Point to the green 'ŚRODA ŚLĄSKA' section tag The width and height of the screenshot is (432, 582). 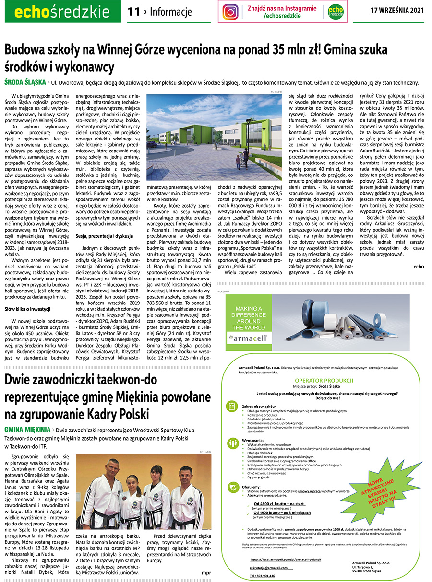click(24, 81)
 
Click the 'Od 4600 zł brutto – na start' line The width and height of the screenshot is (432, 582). click(279, 504)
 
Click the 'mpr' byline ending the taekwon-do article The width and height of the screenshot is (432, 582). click(206, 572)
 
